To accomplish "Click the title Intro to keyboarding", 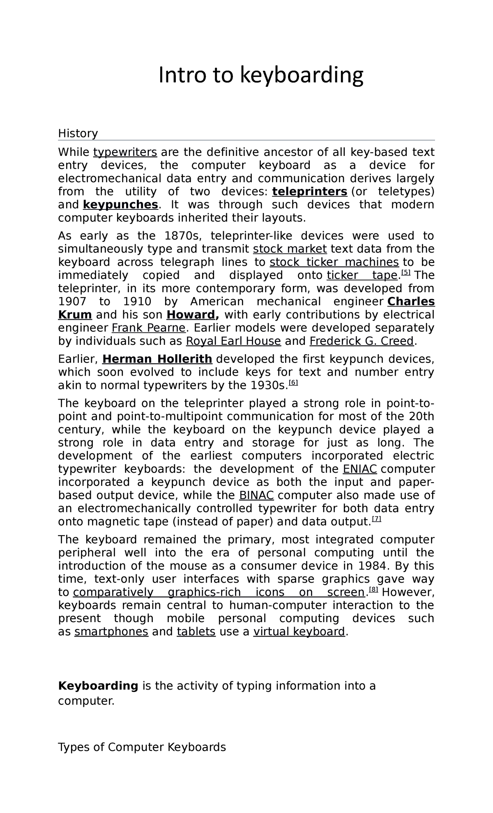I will tap(261, 75).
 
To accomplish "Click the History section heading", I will tap(78, 133).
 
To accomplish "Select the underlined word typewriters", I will tap(125, 152).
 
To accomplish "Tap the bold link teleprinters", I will tap(310, 192).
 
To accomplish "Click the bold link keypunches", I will tap(120, 205).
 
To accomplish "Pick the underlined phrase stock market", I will tap(290, 249).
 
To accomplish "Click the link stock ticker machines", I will tap(334, 262).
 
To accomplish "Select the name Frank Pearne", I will tap(149, 328).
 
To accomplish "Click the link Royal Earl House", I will tap(233, 341).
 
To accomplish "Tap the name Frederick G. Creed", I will tap(362, 341).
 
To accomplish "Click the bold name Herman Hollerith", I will tap(157, 359).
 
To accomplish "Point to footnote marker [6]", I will tap(293, 383).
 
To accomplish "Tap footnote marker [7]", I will tap(376, 519).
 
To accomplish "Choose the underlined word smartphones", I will tap(111, 632).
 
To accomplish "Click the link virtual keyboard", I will tap(299, 632).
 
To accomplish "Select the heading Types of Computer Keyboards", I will tap(142, 747).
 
